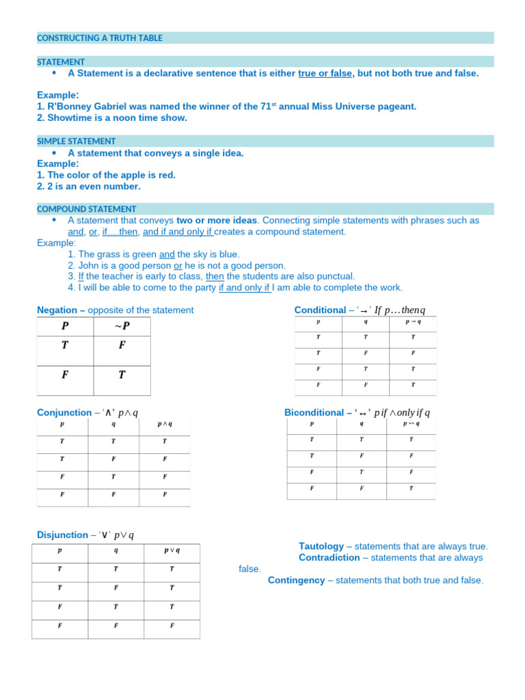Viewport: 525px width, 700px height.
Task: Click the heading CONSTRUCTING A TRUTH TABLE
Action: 100,38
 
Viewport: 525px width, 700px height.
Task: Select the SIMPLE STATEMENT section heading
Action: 76,141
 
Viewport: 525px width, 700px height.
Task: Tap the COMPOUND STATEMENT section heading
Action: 86,209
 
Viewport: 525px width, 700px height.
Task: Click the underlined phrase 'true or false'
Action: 325,73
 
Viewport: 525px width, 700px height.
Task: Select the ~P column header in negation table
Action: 121,327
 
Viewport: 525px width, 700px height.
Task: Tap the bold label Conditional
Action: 320,310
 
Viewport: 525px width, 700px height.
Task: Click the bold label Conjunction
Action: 64,413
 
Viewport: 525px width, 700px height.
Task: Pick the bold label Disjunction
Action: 62,535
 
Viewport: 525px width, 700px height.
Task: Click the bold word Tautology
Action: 321,546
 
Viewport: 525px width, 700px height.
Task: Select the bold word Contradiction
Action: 329,558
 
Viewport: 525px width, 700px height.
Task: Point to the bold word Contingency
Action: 296,580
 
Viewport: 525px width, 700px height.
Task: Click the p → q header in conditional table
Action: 413,322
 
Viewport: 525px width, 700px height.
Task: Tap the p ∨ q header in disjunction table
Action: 172,550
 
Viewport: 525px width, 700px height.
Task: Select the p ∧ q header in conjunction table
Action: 165,424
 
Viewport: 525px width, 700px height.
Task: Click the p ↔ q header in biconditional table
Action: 411,423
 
